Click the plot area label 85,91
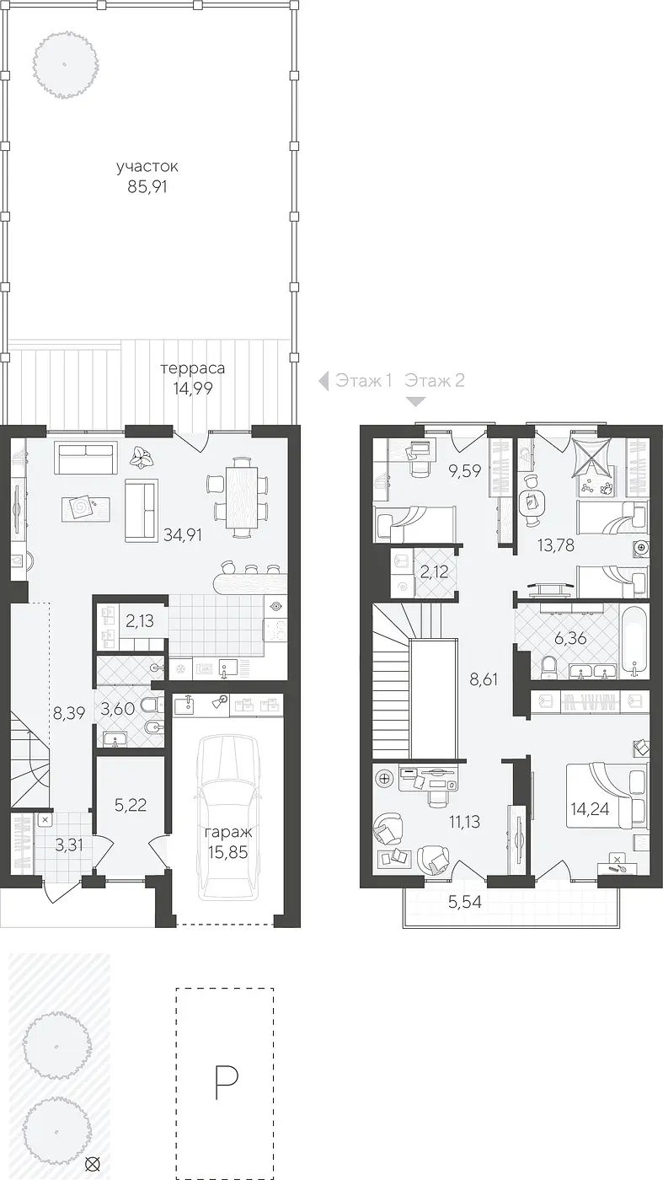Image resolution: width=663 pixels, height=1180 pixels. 147,187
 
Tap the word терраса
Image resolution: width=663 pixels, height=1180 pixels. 193,367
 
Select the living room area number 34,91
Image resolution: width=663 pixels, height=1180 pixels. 183,535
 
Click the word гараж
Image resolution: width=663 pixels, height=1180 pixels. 228,834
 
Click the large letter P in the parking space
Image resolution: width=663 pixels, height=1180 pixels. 227,1082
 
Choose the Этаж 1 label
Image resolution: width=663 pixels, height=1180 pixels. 364,380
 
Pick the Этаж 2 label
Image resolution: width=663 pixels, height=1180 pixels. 435,380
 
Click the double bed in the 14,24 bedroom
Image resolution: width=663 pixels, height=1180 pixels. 606,795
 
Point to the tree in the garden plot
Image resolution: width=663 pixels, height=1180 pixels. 64,65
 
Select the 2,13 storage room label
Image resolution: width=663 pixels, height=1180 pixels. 140,621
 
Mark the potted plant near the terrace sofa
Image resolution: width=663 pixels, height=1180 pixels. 142,457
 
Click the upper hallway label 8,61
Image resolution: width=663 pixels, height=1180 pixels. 484,679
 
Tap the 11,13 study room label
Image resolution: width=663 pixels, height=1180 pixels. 464,821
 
